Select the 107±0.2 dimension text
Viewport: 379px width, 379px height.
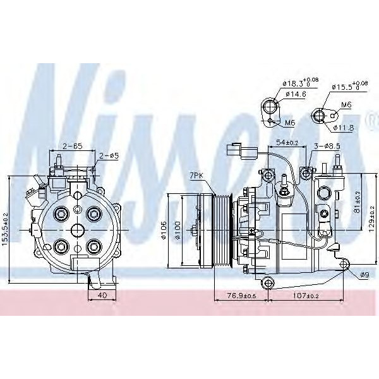(307, 296)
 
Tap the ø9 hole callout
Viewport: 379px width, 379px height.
(364, 274)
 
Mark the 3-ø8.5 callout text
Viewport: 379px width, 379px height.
(328, 147)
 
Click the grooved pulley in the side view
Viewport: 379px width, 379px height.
(224, 231)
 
